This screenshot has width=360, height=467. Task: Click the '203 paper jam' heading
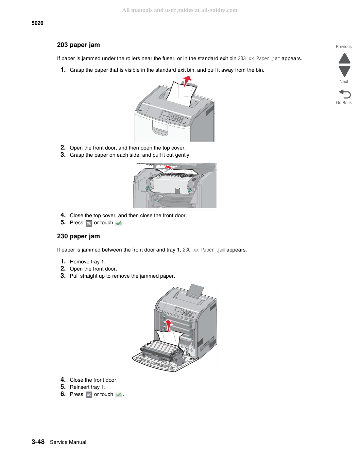point(78,45)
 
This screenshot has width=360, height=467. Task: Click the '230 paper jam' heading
point(78,236)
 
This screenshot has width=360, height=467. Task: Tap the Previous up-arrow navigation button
point(344,58)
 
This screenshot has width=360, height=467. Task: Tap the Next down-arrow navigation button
point(344,71)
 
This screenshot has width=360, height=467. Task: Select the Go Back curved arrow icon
point(345,94)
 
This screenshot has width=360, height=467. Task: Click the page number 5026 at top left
point(37,23)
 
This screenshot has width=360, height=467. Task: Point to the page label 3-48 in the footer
point(38,442)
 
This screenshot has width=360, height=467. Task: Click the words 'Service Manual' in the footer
point(68,442)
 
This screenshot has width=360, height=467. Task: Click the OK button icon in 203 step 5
point(89,223)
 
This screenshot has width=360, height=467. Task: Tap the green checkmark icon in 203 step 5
point(119,223)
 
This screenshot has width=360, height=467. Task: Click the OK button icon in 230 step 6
point(89,395)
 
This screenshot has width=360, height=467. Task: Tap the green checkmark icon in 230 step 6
point(119,395)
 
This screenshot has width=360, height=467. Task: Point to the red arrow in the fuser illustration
point(169,168)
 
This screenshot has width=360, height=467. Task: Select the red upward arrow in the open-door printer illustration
point(169,325)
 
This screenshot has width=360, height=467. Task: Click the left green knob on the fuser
point(148,188)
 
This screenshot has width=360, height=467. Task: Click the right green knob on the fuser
point(190,190)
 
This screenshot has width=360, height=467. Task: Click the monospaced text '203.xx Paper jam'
point(259,59)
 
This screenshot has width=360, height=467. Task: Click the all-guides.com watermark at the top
point(180,10)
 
